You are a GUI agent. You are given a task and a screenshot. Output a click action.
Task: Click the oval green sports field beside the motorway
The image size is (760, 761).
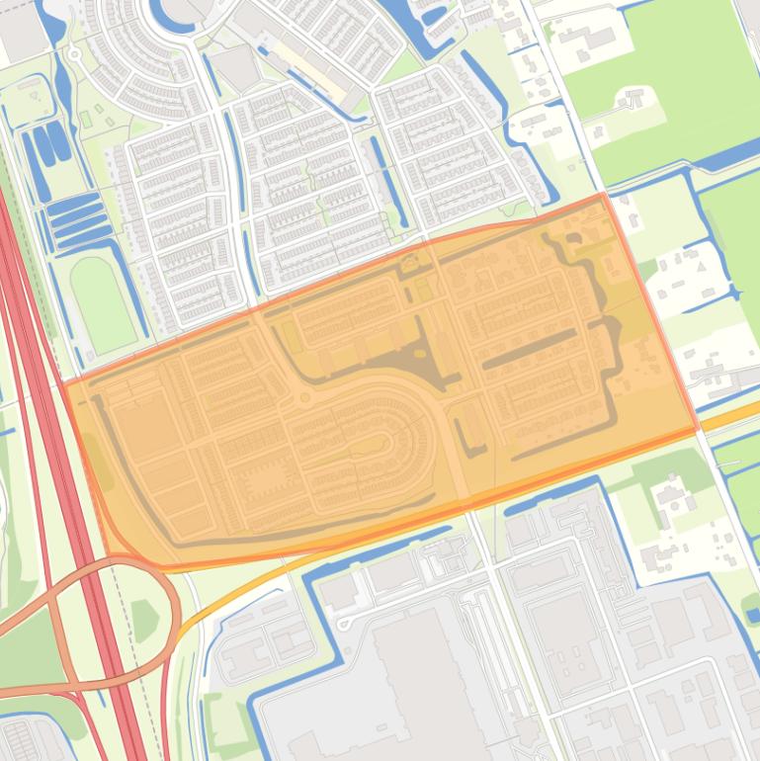tap(102, 304)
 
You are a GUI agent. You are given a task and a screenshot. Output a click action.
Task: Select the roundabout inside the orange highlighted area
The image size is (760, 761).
tap(304, 398)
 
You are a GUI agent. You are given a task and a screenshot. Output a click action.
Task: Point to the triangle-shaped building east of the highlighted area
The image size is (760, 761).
tap(701, 266)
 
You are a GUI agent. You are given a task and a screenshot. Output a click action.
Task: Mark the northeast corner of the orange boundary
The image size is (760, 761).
tap(603, 196)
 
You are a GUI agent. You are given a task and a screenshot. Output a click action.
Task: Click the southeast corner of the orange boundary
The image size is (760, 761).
tap(698, 430)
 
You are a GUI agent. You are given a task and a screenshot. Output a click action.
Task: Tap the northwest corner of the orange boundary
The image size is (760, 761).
tap(64, 383)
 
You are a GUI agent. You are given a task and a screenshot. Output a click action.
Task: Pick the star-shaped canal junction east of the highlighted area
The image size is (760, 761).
tap(733, 294)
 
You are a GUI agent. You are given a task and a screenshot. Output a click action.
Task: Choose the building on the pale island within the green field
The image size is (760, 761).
tap(633, 98)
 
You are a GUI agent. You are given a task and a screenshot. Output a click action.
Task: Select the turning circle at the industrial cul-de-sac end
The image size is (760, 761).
tap(344, 624)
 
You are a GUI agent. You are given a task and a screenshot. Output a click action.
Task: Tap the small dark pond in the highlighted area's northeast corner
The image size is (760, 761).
tap(572, 238)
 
